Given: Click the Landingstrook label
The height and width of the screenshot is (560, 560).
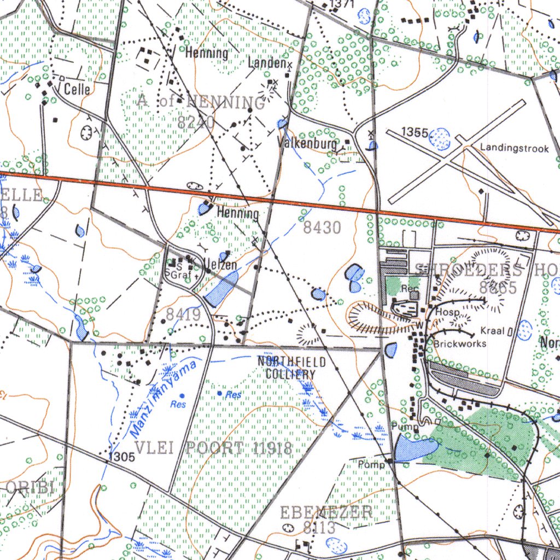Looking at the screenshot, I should (x=514, y=148).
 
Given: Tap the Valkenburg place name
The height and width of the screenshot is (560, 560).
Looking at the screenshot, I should (x=307, y=144).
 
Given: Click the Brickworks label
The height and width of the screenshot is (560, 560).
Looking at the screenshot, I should (x=460, y=344).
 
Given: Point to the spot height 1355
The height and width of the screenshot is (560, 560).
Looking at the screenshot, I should (x=414, y=132).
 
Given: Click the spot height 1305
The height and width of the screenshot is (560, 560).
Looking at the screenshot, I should (x=121, y=457).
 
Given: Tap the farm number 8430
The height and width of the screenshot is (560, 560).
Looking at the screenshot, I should (x=322, y=227).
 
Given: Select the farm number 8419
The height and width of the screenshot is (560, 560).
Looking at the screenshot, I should (x=184, y=314).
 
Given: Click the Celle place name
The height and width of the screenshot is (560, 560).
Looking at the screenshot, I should (x=77, y=89).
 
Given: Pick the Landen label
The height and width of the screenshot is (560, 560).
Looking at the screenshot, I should (x=267, y=63).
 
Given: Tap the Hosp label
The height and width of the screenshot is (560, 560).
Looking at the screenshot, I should (x=447, y=312).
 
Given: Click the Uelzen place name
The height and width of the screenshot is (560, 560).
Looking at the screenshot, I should (x=220, y=265).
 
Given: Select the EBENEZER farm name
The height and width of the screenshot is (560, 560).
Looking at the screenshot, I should (x=326, y=512).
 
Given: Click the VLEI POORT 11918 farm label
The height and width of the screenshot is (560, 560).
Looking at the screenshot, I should (x=213, y=448).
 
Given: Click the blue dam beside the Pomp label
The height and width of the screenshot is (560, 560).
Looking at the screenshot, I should (x=414, y=449).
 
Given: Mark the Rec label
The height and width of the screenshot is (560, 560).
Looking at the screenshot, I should (x=409, y=288).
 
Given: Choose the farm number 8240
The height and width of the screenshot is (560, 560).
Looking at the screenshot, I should (x=196, y=122).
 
